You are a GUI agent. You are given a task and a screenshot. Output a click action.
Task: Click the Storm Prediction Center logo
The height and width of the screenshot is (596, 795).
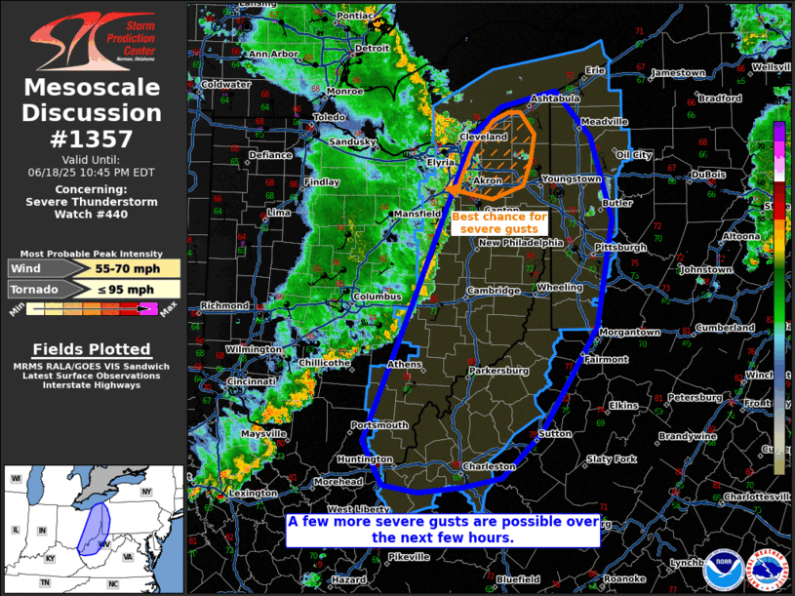pyautogui.click(x=93, y=40)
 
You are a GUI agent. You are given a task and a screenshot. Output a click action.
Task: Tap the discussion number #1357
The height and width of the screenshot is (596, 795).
pyautogui.click(x=93, y=139)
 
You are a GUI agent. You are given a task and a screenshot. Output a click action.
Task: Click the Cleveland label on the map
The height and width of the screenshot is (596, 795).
pyautogui.click(x=483, y=138)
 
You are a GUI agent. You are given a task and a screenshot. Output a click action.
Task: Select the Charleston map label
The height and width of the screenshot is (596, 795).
pyautogui.click(x=489, y=467)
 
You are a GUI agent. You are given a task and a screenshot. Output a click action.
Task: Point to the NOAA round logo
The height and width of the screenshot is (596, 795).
pyautogui.click(x=722, y=569)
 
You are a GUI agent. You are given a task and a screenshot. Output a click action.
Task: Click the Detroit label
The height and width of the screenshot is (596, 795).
pyautogui.click(x=372, y=48)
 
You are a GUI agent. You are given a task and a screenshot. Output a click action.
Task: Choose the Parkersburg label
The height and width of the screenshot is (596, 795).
pyautogui.click(x=498, y=372)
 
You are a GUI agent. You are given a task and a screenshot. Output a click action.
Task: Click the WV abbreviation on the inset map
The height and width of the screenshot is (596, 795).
pyautogui.click(x=101, y=542)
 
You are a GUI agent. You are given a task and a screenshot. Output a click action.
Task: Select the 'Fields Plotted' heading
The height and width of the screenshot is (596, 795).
pyautogui.click(x=92, y=349)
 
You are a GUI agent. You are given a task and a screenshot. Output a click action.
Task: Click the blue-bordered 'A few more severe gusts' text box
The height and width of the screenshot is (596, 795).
pyautogui.click(x=442, y=529)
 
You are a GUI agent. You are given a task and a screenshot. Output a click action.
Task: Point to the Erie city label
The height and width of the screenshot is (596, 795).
pyautogui.click(x=595, y=70)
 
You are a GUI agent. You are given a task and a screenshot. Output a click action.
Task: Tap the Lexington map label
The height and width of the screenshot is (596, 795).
pyautogui.click(x=253, y=494)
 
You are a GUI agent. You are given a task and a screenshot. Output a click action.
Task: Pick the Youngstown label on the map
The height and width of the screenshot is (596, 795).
pyautogui.click(x=572, y=179)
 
